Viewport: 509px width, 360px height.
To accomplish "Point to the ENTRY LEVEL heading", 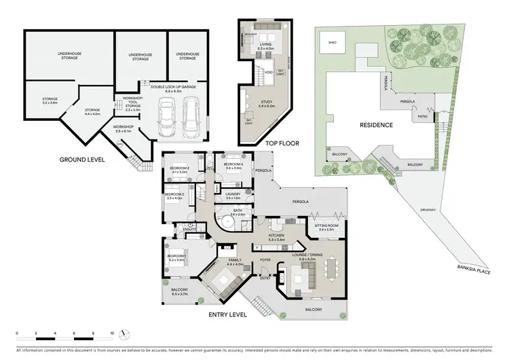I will tap(227, 314).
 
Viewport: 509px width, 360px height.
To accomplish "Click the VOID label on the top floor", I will tap(269, 71).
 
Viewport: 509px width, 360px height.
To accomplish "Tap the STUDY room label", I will tap(266, 103).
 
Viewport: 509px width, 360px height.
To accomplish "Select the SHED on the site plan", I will tap(332, 42).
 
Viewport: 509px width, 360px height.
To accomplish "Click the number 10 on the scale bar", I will tap(112, 334).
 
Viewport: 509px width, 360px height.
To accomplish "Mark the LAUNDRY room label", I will tap(233, 194).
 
